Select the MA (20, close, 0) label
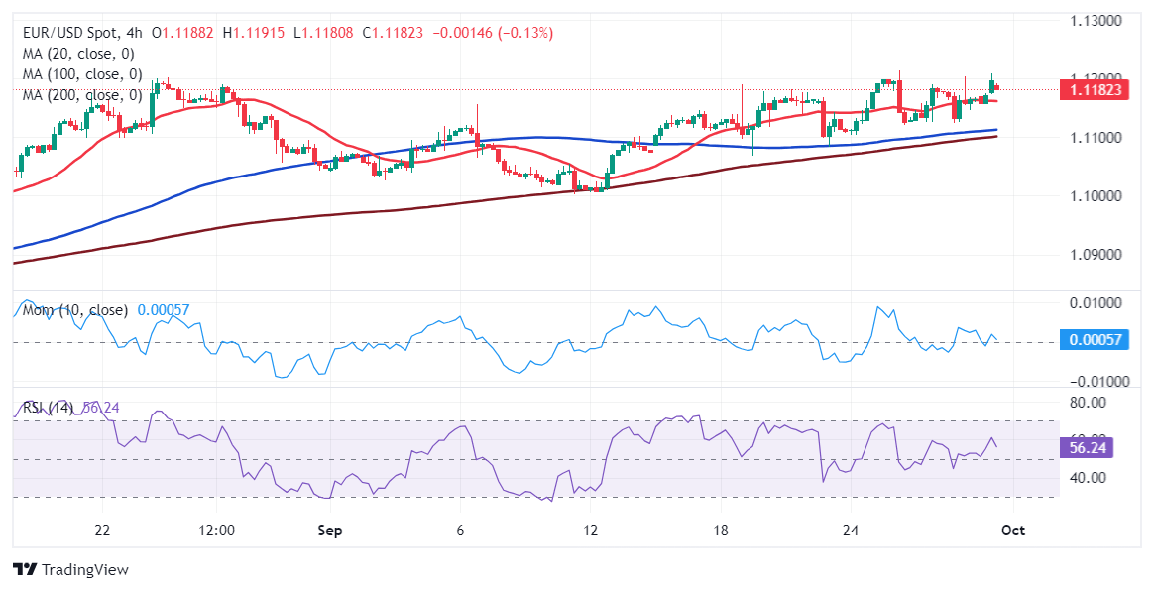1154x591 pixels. pyautogui.click(x=78, y=54)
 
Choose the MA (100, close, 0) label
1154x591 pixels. pyautogui.click(x=82, y=74)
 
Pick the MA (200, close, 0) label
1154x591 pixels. pyautogui.click(x=82, y=95)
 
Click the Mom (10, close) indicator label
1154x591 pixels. pyautogui.click(x=74, y=310)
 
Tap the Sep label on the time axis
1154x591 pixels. pyautogui.click(x=329, y=531)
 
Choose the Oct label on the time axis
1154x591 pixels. pyautogui.click(x=1013, y=531)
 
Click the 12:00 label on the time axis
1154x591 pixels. pyautogui.click(x=216, y=531)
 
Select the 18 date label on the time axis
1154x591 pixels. pyautogui.click(x=721, y=531)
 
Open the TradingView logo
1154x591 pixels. pyautogui.click(x=70, y=570)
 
